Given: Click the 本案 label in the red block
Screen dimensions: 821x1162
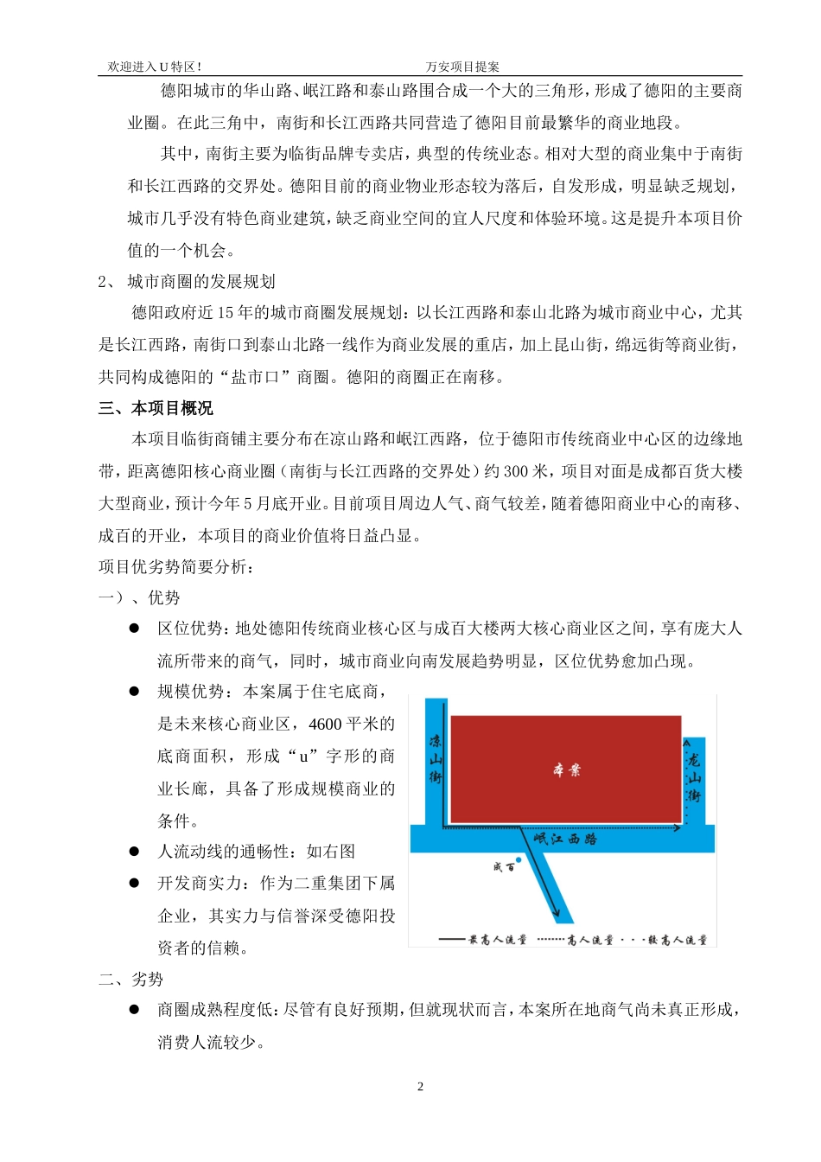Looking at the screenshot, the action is [x=566, y=769].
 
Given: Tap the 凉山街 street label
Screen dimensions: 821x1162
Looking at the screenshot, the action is [x=436, y=759].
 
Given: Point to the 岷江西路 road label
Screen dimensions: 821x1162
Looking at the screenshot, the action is [x=565, y=839].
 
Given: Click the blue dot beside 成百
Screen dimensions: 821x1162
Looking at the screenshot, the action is [x=519, y=860].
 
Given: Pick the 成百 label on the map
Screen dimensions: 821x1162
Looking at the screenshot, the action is [x=503, y=867].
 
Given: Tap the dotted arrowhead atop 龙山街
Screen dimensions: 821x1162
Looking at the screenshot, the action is [x=686, y=743].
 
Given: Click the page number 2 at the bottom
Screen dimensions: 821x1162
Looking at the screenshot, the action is [x=420, y=1087].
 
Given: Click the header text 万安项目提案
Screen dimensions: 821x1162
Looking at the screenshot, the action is [x=462, y=67].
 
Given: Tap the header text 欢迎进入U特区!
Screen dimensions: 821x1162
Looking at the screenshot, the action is [x=155, y=67].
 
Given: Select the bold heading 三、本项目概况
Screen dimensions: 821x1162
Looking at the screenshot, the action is [x=156, y=408].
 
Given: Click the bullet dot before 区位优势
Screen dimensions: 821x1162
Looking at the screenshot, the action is [x=134, y=629].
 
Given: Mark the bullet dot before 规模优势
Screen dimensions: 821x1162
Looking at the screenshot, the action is [x=134, y=692].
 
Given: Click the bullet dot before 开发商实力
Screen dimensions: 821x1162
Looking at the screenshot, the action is [x=134, y=883].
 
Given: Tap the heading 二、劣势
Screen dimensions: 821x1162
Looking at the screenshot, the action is [x=130, y=979].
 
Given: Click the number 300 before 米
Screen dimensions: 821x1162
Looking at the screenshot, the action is [x=516, y=471].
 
